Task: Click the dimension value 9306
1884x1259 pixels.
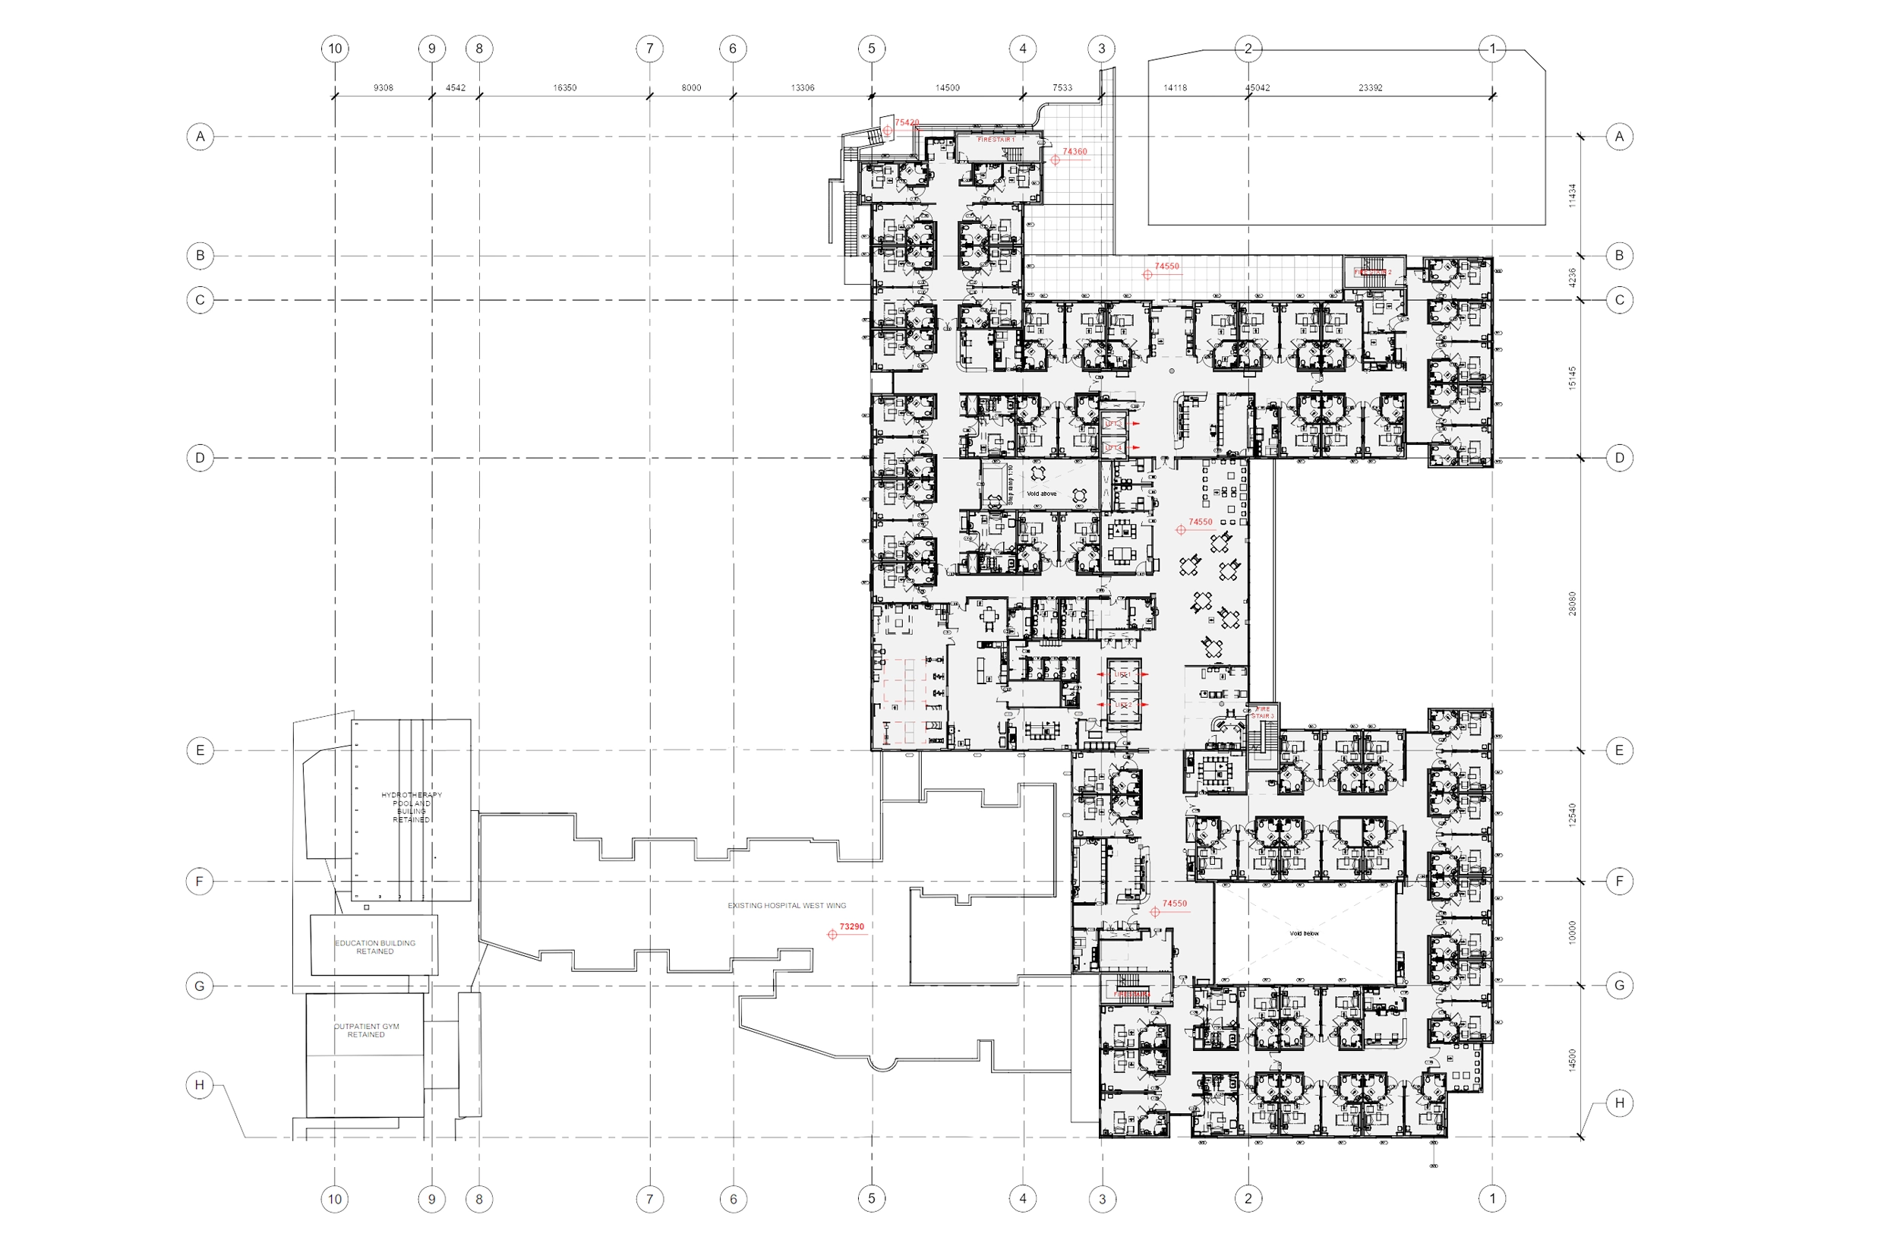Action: (383, 88)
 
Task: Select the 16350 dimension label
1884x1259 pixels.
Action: (564, 88)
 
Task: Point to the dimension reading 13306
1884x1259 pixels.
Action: (802, 88)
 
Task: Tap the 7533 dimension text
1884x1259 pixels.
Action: (1062, 88)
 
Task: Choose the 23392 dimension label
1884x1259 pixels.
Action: (1370, 88)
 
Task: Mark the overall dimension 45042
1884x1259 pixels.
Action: (1257, 88)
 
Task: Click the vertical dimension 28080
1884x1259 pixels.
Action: (1572, 604)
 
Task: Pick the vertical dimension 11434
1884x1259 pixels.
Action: (1572, 196)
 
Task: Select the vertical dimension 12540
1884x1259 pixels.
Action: (1572, 816)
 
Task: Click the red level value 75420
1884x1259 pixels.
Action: (907, 123)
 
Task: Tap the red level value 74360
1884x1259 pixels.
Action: (1075, 152)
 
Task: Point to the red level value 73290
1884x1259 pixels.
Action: (852, 926)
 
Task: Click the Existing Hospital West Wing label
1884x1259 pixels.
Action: (787, 906)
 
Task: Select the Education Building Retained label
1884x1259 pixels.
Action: (375, 948)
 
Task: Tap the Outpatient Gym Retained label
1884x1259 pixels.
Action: (366, 1030)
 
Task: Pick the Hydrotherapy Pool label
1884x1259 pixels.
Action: (411, 807)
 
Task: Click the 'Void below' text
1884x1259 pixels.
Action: (1304, 934)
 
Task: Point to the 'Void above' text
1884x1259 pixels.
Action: (1041, 494)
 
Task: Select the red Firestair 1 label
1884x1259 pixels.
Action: (996, 140)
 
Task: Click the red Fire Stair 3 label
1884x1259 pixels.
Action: (1263, 712)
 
